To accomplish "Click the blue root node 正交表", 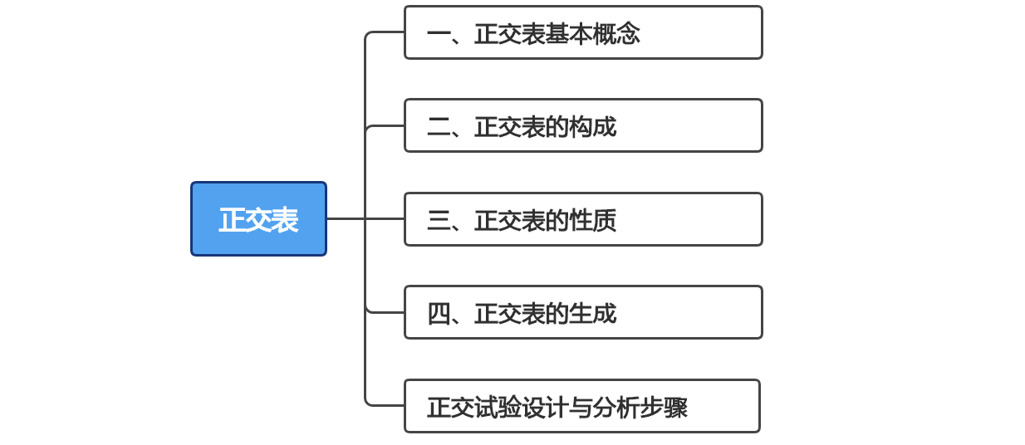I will click(258, 219).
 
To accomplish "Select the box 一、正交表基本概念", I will click(582, 33).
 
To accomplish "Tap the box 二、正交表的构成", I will click(582, 126).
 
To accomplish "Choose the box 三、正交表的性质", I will click(582, 219).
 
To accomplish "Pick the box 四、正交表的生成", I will click(582, 312).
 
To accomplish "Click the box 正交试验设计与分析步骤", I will click(581, 406).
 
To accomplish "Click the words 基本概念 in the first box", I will click(592, 34).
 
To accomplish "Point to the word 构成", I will click(592, 127).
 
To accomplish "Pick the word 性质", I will click(592, 220).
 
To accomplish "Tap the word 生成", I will click(592, 314).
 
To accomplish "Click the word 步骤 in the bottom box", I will click(664, 408).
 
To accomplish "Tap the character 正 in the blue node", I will click(232, 220).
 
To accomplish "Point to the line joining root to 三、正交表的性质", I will click(365, 219).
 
